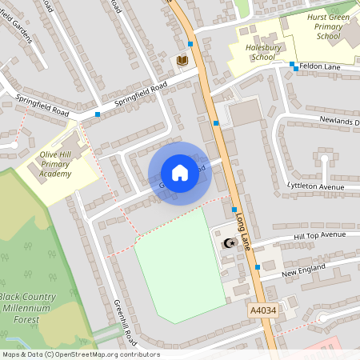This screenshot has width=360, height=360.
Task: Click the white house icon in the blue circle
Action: (179, 173)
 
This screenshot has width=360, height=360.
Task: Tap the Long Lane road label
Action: (241, 231)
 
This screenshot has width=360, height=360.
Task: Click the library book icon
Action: (182, 60)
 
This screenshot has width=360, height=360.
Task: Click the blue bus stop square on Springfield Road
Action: (98, 114)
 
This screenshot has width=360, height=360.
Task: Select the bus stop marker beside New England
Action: (258, 266)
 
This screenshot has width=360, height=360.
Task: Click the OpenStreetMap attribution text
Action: (80, 354)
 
